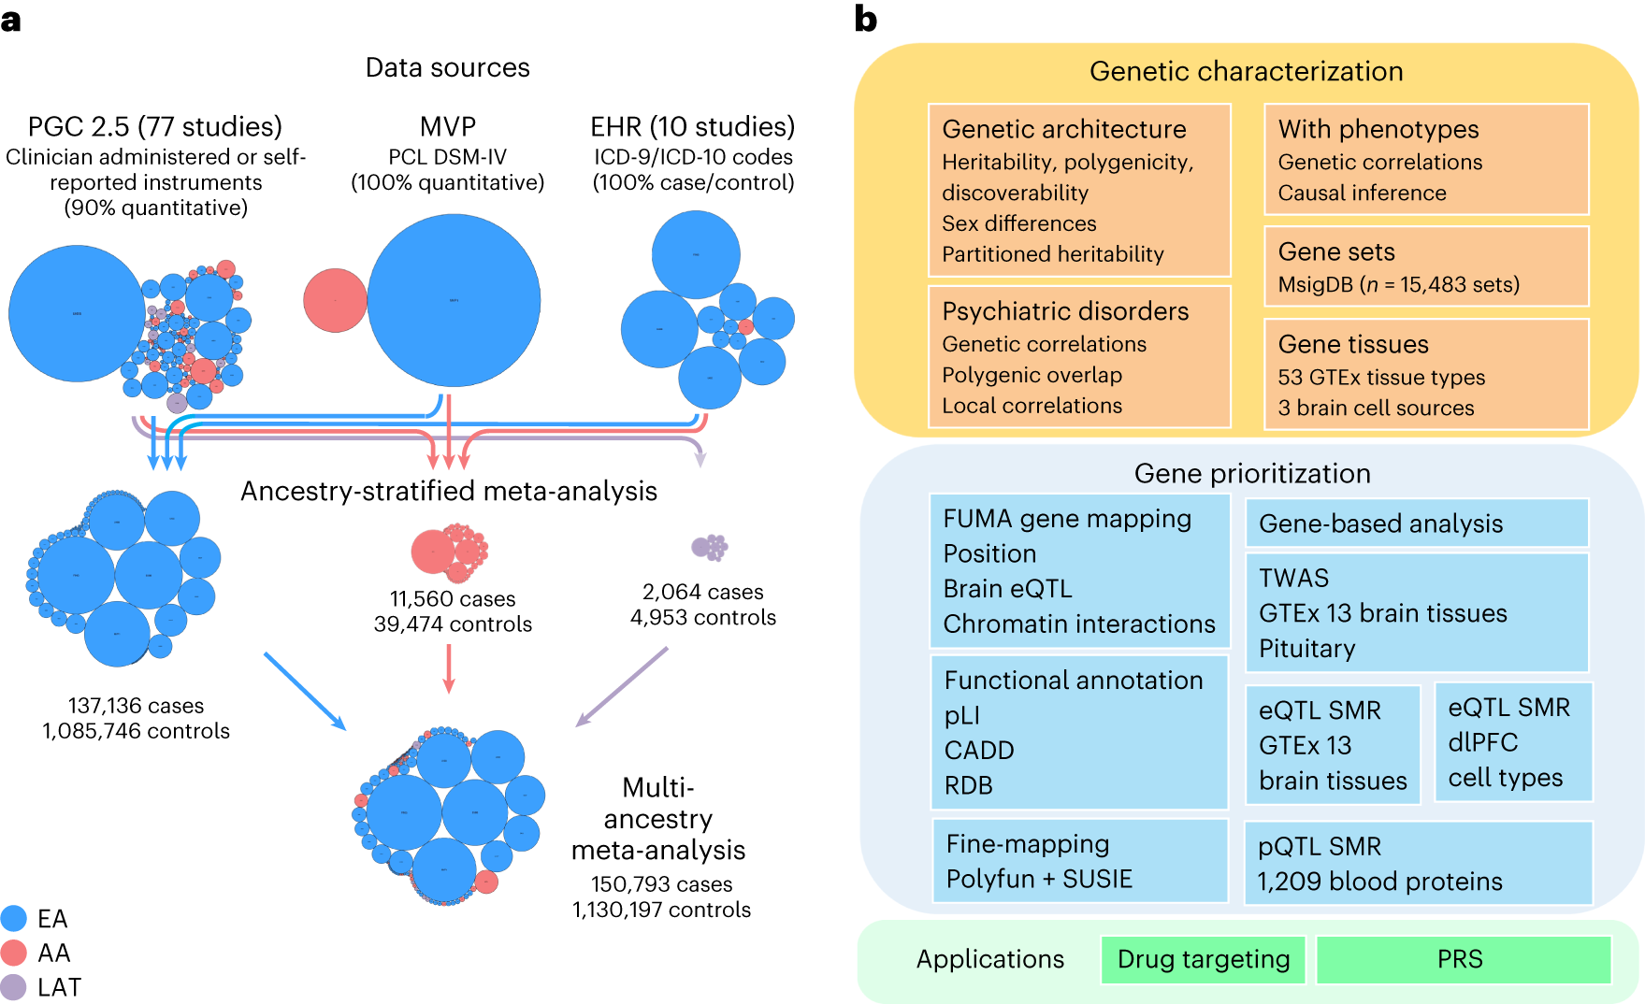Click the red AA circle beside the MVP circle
click(x=335, y=300)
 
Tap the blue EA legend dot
click(x=14, y=918)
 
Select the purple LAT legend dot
click(x=14, y=987)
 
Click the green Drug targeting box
click(x=1203, y=960)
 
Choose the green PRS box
click(x=1462, y=960)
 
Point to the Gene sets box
click(x=1425, y=266)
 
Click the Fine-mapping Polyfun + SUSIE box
click(x=1079, y=861)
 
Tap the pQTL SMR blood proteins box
click(x=1417, y=863)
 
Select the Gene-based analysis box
click(x=1416, y=524)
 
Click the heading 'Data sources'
click(x=447, y=68)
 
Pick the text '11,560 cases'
click(x=453, y=599)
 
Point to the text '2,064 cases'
click(x=702, y=593)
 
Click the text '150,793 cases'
click(x=661, y=884)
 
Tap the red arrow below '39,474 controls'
click(x=449, y=669)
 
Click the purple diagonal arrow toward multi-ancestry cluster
click(x=622, y=686)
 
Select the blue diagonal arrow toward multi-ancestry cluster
click(x=305, y=691)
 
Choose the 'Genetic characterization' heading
click(x=1246, y=72)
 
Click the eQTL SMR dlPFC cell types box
click(x=1511, y=742)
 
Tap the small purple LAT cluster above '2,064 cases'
click(x=709, y=547)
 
